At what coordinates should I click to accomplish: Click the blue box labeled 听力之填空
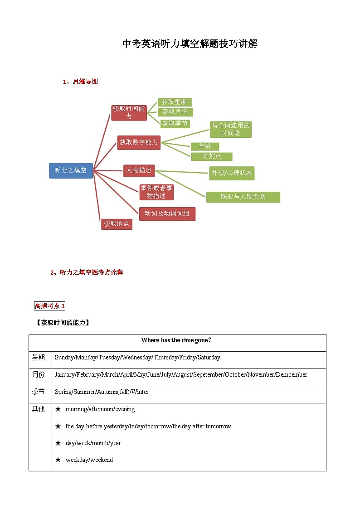71,170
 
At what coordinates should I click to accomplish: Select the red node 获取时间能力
129,112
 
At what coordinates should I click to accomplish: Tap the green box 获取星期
174,102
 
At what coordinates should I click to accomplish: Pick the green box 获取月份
175,111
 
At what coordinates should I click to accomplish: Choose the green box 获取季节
175,123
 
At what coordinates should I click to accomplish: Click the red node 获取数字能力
139,142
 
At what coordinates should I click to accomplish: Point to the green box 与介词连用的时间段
231,129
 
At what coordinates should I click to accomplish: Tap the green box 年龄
204,146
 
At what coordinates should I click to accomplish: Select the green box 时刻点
211,156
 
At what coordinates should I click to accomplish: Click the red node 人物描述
139,170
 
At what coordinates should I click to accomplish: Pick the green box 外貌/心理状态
232,173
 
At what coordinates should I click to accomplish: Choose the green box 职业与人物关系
243,197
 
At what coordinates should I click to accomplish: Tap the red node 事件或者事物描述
156,192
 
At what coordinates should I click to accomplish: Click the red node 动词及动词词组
167,213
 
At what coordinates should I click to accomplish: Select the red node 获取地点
117,224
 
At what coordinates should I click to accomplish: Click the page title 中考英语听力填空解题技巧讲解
190,44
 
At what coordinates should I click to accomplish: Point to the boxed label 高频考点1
50,306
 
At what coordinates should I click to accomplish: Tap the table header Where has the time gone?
177,340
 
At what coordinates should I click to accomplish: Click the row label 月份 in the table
39,375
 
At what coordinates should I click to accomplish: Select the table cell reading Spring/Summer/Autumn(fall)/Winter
102,392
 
